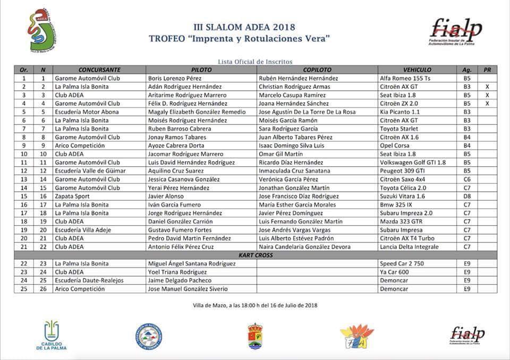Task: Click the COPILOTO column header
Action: point(317,70)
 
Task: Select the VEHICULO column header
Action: point(417,70)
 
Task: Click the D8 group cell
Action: point(467,196)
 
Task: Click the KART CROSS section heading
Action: point(256,255)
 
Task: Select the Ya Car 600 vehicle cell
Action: point(395,272)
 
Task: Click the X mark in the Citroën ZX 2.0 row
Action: point(487,104)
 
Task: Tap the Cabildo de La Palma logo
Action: point(52,335)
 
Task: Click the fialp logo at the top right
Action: point(456,32)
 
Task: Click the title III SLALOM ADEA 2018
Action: point(244,27)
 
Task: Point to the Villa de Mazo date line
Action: point(256,305)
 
